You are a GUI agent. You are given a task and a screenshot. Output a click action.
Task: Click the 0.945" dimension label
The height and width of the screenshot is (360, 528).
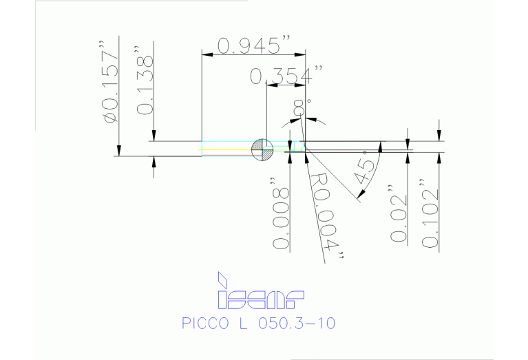click(251, 46)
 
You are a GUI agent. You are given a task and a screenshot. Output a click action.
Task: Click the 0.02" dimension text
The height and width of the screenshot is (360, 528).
click(399, 213)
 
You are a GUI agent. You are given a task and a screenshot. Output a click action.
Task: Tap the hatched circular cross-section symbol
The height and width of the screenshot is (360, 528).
click(262, 149)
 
